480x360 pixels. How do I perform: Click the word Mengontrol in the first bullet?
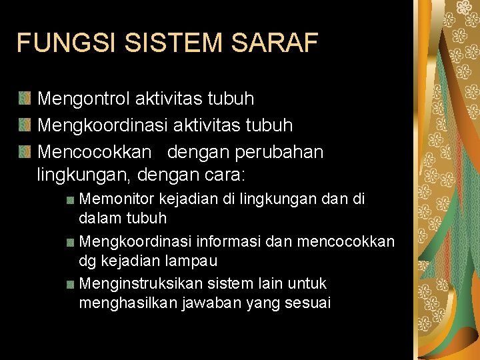(x=84, y=99)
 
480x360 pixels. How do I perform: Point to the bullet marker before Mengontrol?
(x=24, y=99)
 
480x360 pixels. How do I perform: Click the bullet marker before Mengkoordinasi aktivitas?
(x=24, y=125)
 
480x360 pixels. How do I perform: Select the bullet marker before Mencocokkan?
(x=24, y=152)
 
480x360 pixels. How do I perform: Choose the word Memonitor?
(x=117, y=199)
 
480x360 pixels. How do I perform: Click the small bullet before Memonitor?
(x=71, y=199)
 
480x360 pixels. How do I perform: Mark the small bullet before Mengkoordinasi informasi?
(x=71, y=241)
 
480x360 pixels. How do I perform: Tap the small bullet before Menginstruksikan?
(x=71, y=284)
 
